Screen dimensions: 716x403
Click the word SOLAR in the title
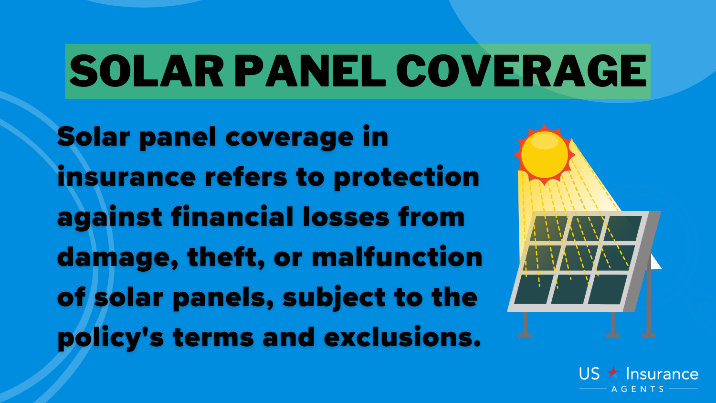146,71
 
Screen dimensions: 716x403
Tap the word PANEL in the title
310,71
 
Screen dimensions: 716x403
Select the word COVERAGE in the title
521,71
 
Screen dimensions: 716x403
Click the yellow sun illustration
544,155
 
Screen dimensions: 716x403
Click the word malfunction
397,257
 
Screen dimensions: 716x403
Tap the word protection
407,178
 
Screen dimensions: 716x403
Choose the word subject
334,298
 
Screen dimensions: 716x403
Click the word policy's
111,338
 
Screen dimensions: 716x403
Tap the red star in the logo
613,372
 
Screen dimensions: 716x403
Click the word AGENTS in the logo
638,389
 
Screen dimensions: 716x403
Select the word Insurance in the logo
662,374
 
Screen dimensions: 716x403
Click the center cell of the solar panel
579,258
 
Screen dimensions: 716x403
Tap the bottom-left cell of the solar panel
533,289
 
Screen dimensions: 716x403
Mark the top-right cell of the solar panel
622,228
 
